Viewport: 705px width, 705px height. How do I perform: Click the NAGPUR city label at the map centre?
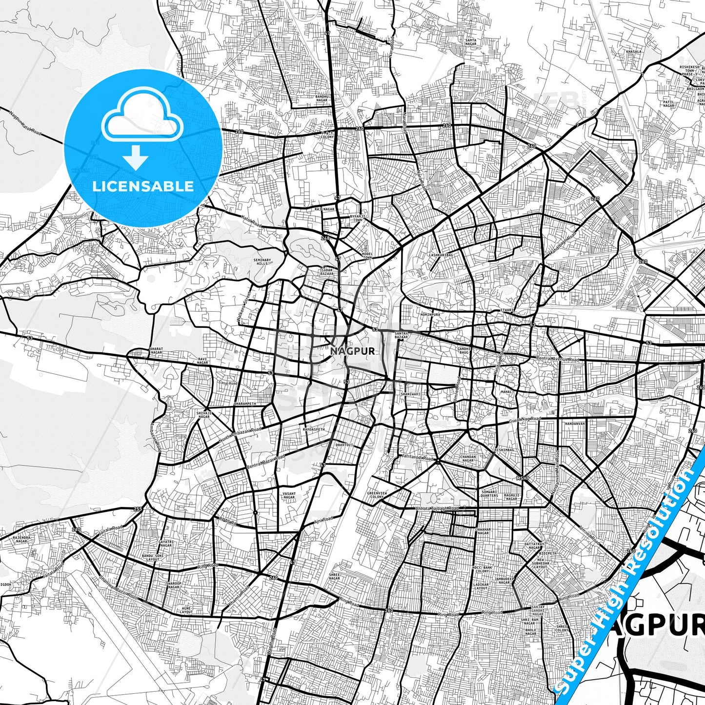(352, 351)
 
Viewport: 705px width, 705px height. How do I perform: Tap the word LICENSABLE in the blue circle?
(143, 186)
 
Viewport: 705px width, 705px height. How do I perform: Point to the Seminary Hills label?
(262, 262)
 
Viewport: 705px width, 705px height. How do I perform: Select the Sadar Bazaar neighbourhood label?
(327, 271)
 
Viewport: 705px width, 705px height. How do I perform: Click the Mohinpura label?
(430, 315)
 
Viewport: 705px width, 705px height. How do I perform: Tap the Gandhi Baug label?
(463, 351)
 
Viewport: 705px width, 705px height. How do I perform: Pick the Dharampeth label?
(245, 404)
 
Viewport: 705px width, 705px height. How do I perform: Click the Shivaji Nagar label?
(203, 415)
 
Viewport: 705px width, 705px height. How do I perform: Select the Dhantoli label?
(344, 445)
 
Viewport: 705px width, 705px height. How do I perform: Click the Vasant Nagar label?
(289, 496)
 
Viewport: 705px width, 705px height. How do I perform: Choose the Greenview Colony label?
(377, 495)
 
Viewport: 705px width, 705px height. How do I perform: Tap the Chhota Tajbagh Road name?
(437, 508)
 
